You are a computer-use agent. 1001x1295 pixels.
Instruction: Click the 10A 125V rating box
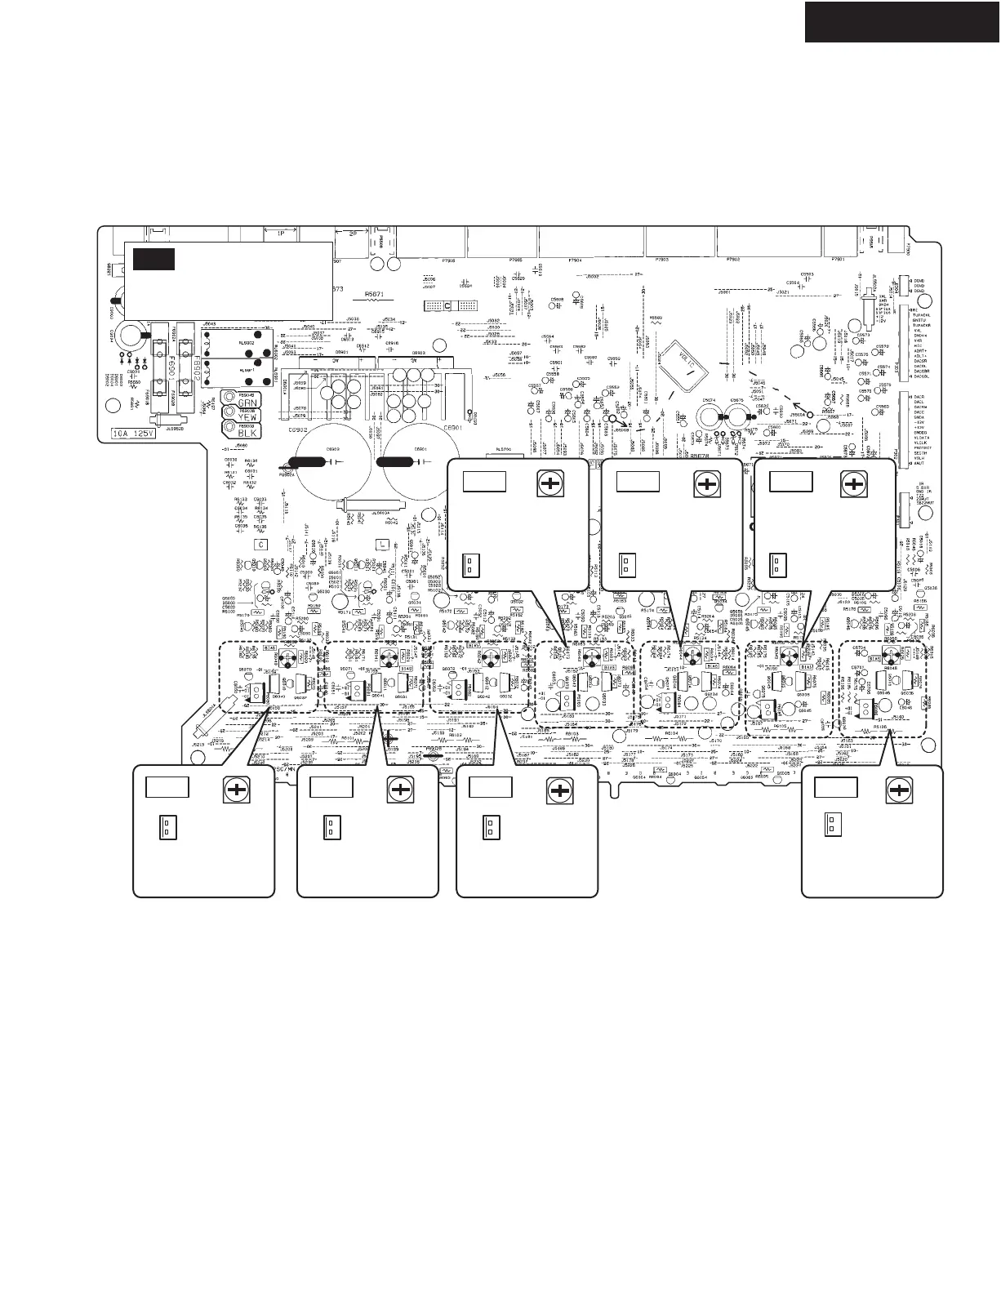coord(136,434)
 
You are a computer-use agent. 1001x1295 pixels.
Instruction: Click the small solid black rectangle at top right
coord(901,21)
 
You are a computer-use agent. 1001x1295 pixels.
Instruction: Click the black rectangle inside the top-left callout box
coord(154,259)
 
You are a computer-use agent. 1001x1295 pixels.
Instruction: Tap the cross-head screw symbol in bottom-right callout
coord(899,790)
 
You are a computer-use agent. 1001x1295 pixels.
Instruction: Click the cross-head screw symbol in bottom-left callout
coord(237,790)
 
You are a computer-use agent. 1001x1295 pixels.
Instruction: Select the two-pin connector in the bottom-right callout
coord(831,825)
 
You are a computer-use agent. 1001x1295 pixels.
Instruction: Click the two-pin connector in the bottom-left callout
coord(163,827)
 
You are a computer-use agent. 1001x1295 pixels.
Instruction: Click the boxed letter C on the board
coord(261,544)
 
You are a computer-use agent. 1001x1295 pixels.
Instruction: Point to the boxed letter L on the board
coord(380,544)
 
